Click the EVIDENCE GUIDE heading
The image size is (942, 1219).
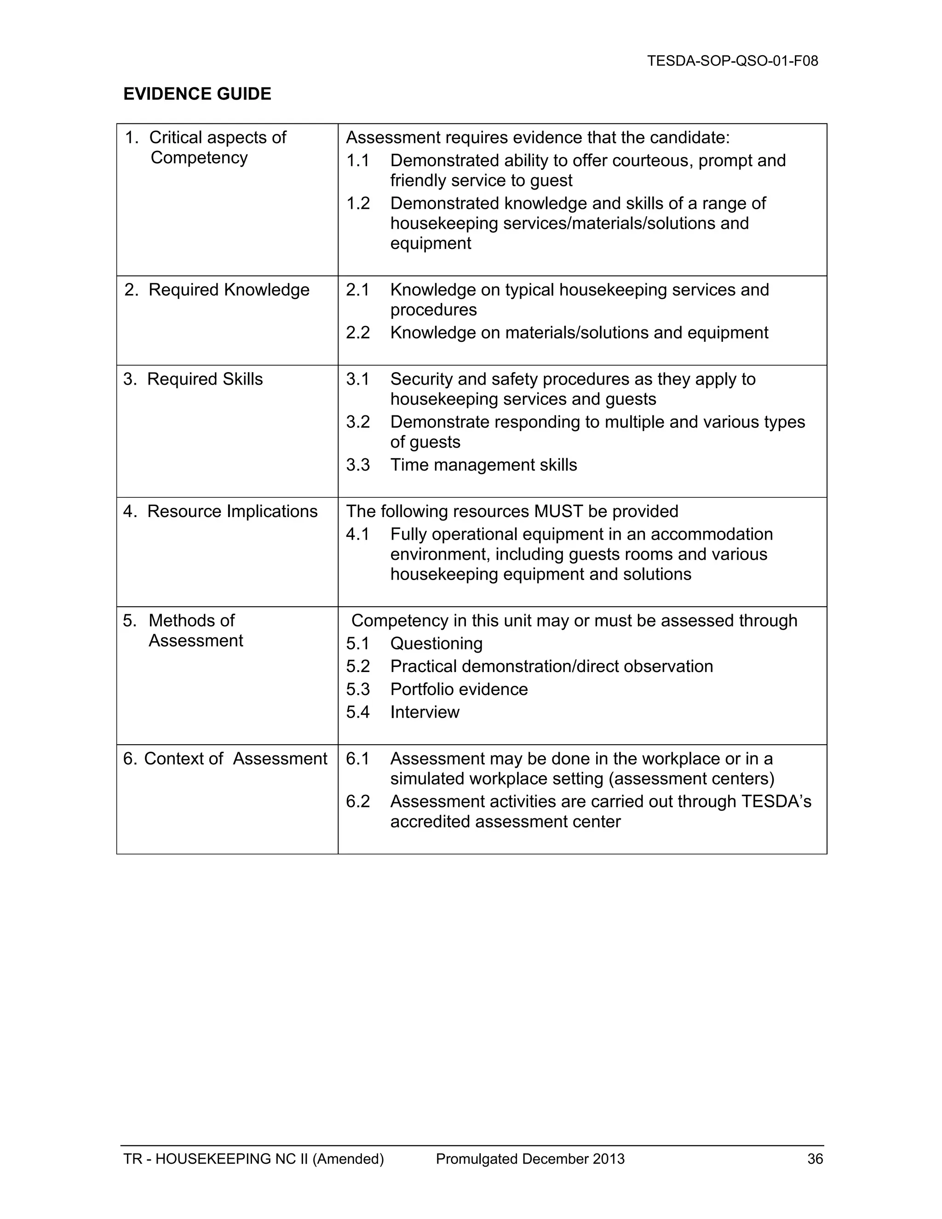click(x=197, y=94)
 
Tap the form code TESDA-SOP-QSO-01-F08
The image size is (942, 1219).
click(x=732, y=61)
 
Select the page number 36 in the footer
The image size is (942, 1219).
click(x=815, y=1159)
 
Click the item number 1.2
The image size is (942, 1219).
click(x=358, y=203)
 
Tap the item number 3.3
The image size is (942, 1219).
click(x=358, y=465)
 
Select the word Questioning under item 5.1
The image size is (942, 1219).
click(x=436, y=644)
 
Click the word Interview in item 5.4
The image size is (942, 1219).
click(x=424, y=712)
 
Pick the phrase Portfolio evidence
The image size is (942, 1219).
click(x=459, y=690)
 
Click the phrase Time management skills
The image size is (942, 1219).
click(x=483, y=465)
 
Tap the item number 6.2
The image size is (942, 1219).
click(x=358, y=801)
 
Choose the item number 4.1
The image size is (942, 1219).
click(x=358, y=534)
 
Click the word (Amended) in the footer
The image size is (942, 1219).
click(x=348, y=1159)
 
